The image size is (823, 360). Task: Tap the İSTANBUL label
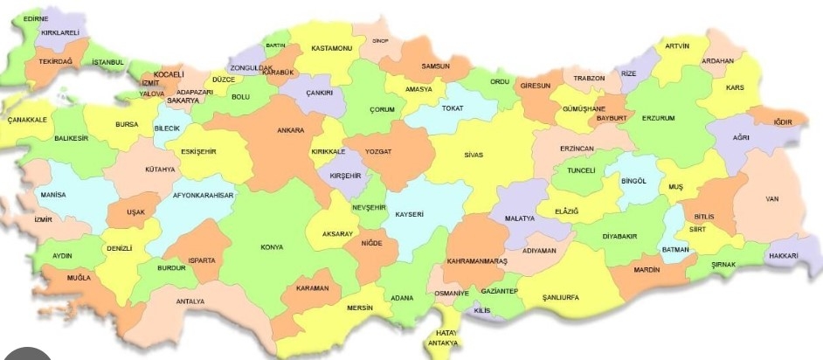[x=109, y=62]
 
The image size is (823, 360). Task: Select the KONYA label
[x=272, y=247]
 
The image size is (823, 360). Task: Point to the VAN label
[x=771, y=199]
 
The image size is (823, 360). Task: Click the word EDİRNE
[x=36, y=17]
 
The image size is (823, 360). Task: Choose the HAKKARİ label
[x=784, y=256]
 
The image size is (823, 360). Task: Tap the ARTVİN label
[x=677, y=45]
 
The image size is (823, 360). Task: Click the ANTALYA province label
[x=190, y=301]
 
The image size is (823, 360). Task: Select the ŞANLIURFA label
[x=560, y=297]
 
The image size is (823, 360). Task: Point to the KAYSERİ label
[x=409, y=214]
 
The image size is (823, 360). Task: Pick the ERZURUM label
[x=659, y=117]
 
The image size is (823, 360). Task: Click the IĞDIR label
[x=782, y=121]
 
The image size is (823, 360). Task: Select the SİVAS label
[x=474, y=155]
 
